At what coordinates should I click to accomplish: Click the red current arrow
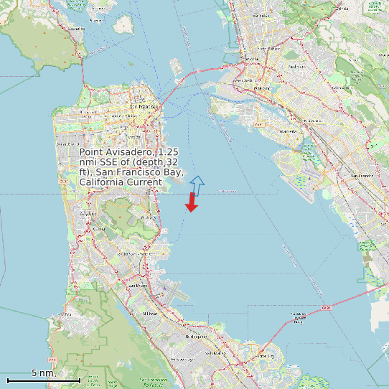click(192, 202)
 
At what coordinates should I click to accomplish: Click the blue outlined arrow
click(197, 185)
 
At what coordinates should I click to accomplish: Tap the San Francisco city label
click(142, 107)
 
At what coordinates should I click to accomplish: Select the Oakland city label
click(262, 88)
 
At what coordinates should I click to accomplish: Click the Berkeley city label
click(251, 58)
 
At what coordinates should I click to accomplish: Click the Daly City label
click(88, 214)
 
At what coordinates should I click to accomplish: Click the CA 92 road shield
click(324, 308)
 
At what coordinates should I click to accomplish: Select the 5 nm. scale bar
click(43, 378)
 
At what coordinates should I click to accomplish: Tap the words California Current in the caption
click(121, 183)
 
